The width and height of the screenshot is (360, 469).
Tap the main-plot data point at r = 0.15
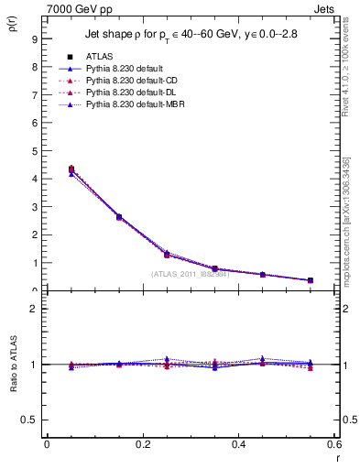(119, 217)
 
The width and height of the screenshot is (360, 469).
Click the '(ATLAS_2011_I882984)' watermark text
(191, 273)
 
